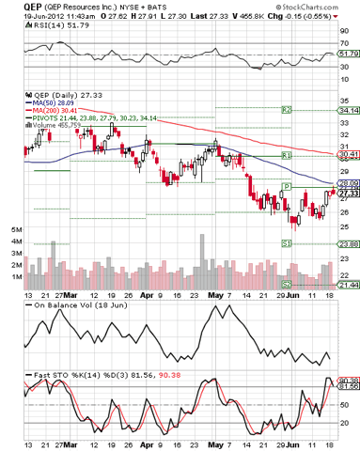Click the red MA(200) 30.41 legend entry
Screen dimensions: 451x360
click(x=49, y=110)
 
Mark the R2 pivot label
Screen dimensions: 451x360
click(x=286, y=111)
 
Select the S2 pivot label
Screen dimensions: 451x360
click(x=286, y=284)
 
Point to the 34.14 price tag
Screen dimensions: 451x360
click(x=347, y=111)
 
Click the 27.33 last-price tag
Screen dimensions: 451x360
click(x=347, y=193)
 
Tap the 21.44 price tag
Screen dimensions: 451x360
click(x=347, y=285)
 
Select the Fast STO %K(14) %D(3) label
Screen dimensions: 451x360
click(x=68, y=376)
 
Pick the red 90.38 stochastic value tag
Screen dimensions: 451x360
click(x=347, y=380)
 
